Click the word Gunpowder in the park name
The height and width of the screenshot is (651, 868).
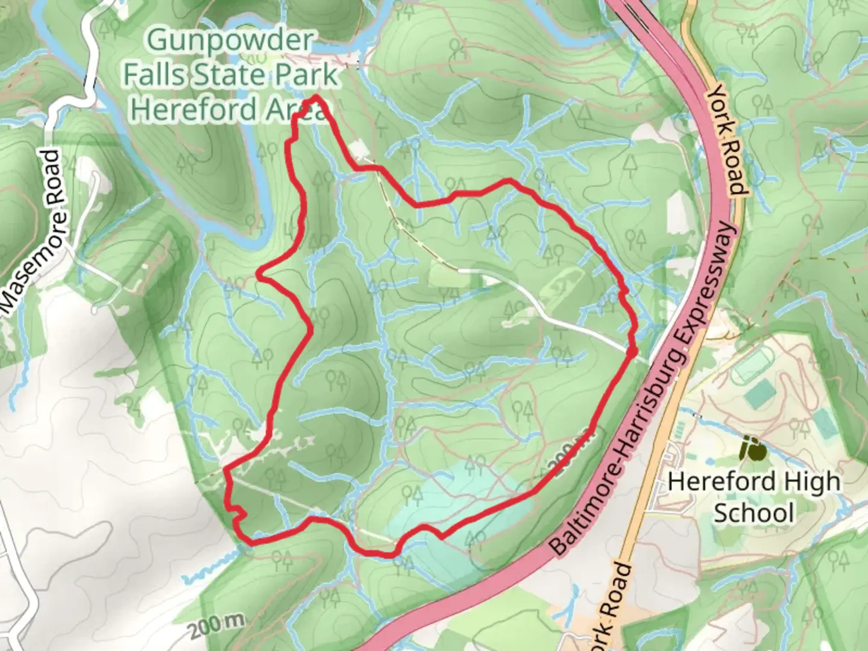tap(230, 42)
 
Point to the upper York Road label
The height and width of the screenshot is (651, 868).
tap(728, 139)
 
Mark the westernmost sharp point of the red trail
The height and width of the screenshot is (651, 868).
tap(259, 274)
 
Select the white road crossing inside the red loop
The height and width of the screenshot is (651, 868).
tap(542, 313)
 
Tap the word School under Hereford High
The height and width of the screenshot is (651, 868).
tap(753, 514)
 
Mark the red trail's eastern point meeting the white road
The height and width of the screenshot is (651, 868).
tap(632, 350)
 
